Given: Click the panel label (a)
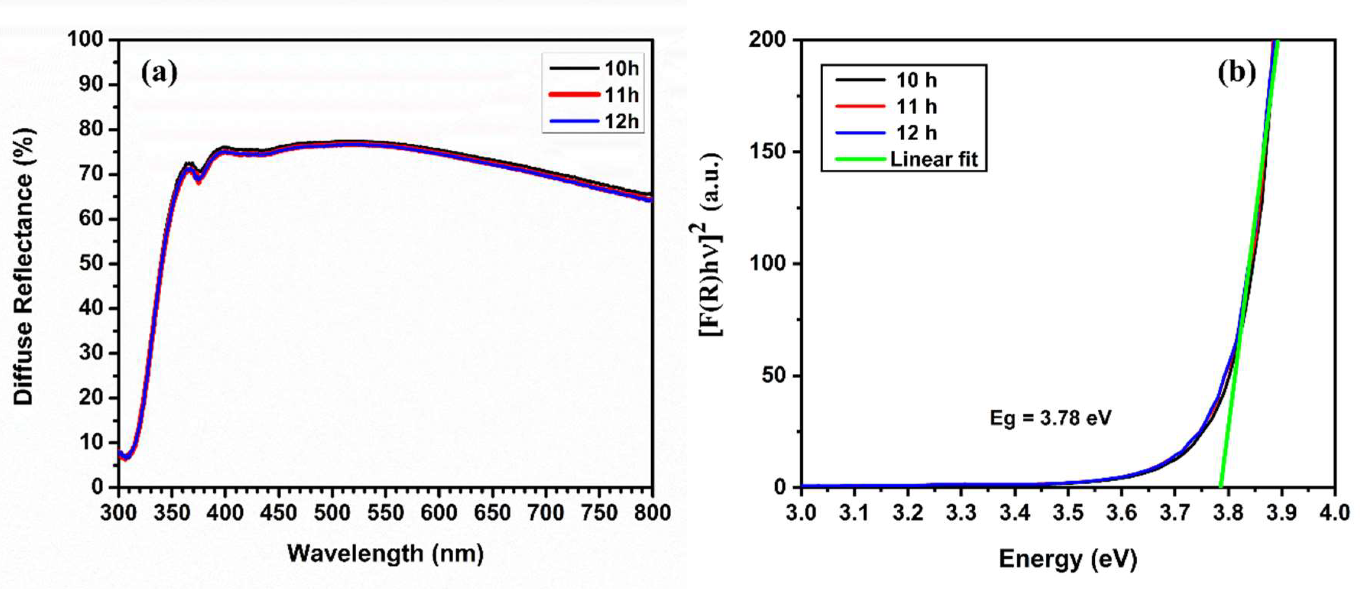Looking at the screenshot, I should pyautogui.click(x=159, y=73).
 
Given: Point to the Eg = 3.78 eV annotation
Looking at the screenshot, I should pyautogui.click(x=1050, y=418).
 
